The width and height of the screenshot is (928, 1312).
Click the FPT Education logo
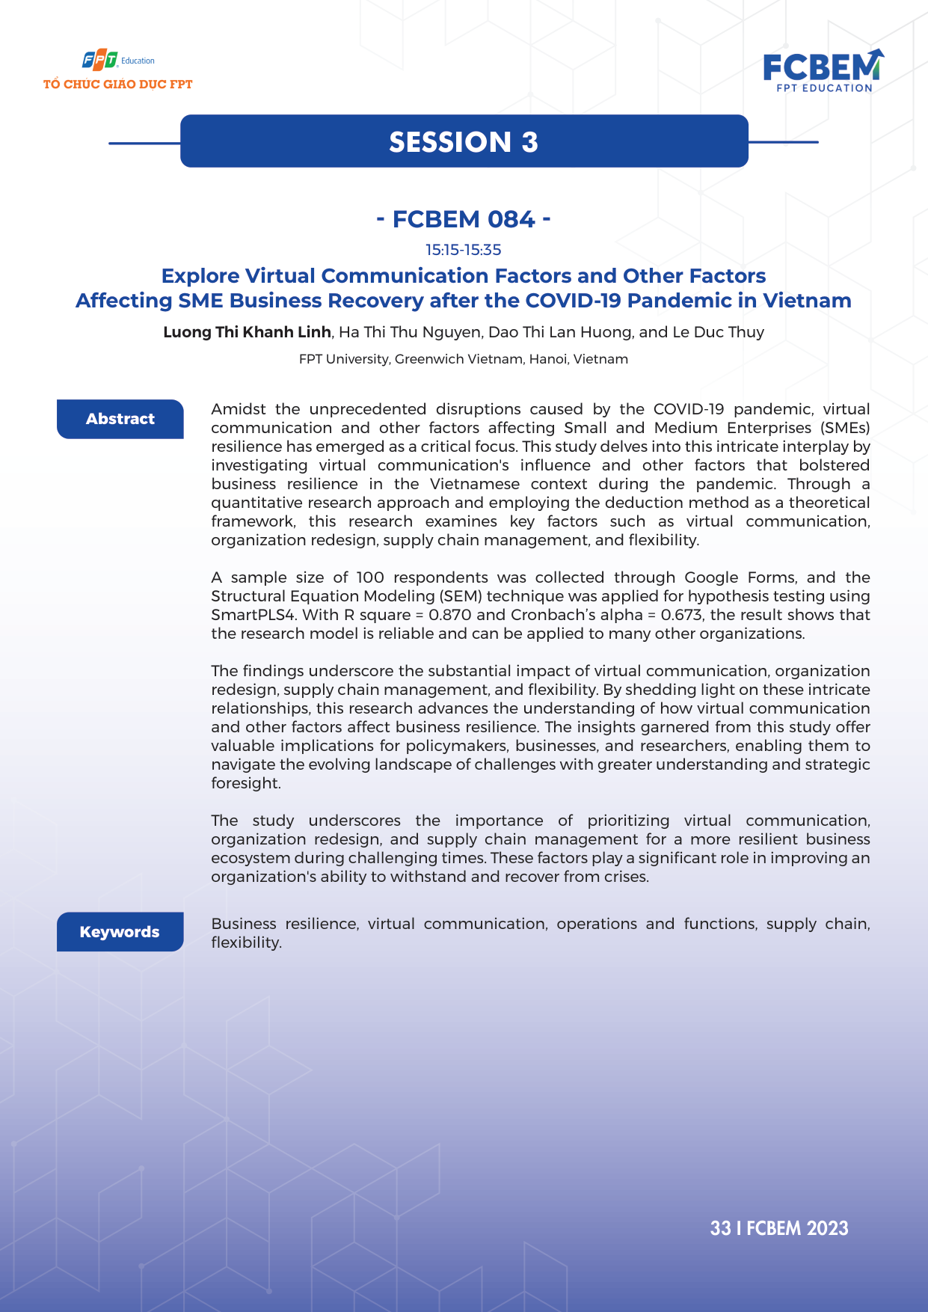tap(117, 60)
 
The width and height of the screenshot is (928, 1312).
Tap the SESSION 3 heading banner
tap(464, 141)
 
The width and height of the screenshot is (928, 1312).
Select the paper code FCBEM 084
tap(464, 219)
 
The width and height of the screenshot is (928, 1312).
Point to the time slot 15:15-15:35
tap(464, 250)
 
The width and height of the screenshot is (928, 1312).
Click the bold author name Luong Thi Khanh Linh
tap(247, 332)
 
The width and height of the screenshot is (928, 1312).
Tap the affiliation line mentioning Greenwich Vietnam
tap(464, 359)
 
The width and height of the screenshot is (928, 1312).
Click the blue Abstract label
tap(120, 419)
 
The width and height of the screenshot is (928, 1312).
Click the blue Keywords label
tap(120, 932)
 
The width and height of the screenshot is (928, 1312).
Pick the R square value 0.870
tap(450, 615)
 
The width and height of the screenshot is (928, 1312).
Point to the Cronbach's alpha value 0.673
tap(682, 615)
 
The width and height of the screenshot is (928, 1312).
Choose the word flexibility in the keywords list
tap(245, 942)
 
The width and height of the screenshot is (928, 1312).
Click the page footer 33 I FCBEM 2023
tap(779, 1228)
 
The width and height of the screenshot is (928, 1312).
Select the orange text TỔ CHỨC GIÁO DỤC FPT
tap(118, 85)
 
